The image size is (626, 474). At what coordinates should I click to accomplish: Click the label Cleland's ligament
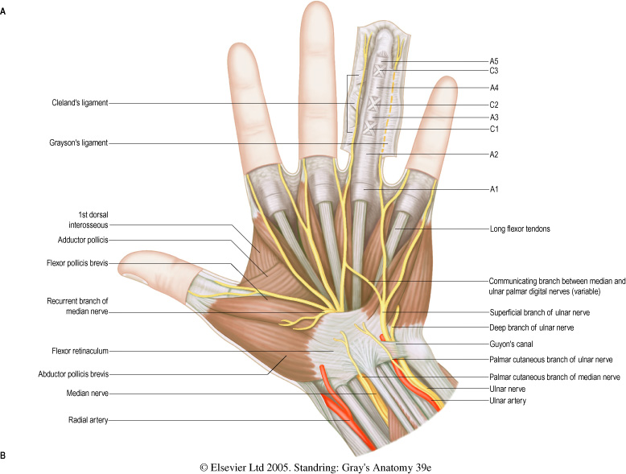pyautogui.click(x=76, y=102)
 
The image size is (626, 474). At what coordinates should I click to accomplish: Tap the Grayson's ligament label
pyautogui.click(x=76, y=143)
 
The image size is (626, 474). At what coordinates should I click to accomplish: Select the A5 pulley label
pyautogui.click(x=495, y=61)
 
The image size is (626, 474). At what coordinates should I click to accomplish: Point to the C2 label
pyautogui.click(x=495, y=105)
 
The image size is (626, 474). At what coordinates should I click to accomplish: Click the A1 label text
pyautogui.click(x=495, y=189)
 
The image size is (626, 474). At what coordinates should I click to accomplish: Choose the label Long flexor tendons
pyautogui.click(x=518, y=229)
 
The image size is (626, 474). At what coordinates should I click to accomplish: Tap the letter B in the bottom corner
pyautogui.click(x=5, y=455)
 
